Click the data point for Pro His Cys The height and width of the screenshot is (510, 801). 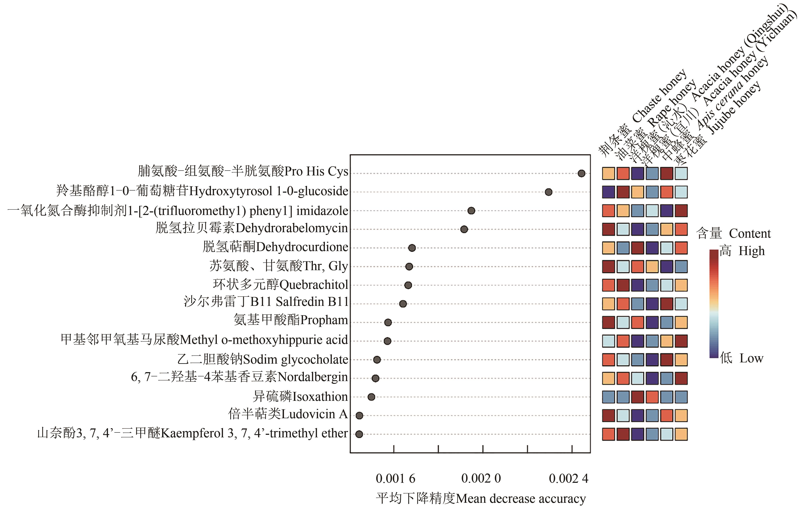(581, 174)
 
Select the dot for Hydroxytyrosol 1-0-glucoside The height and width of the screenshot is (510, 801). (548, 192)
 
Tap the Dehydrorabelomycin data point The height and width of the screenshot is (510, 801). (464, 229)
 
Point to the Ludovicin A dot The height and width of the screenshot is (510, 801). (359, 415)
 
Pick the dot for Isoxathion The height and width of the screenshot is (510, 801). (371, 397)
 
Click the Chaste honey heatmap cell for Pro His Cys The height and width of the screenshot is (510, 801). (608, 174)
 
